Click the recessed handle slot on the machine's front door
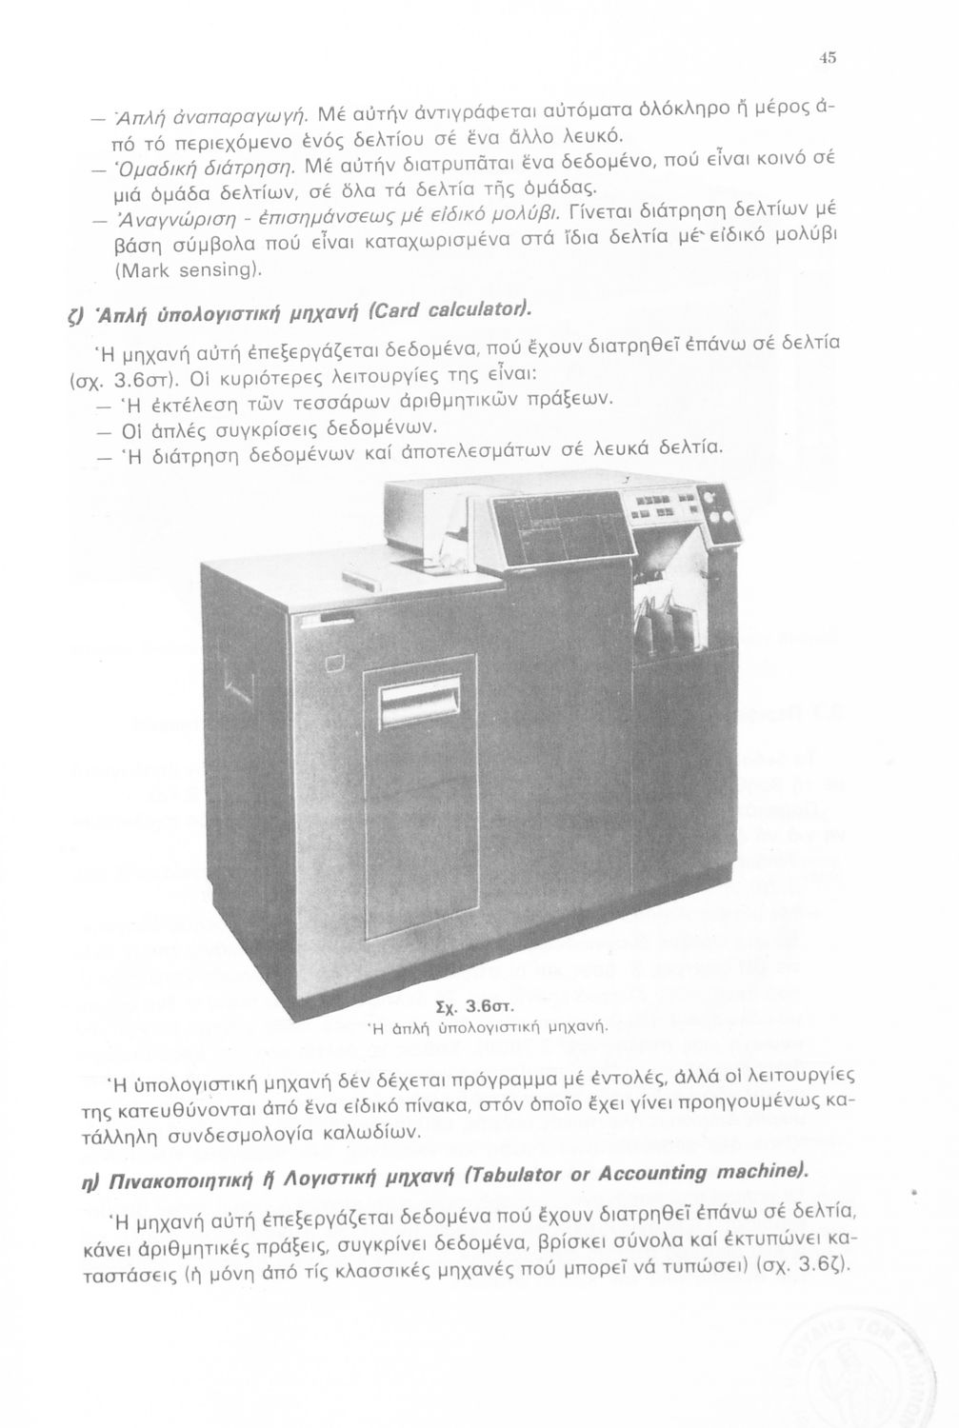[x=420, y=704]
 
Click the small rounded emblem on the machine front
[x=334, y=663]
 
